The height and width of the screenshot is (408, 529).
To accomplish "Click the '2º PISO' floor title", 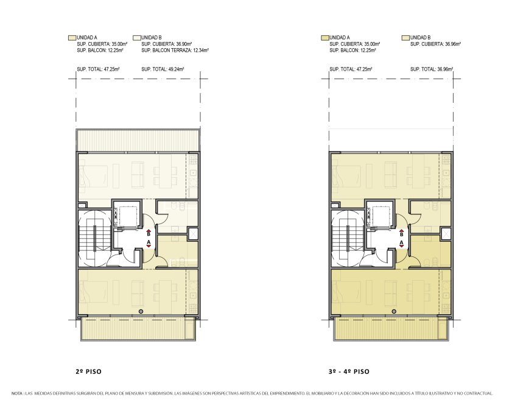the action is [88, 371].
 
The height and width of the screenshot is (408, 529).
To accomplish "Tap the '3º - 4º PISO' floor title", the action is [349, 371].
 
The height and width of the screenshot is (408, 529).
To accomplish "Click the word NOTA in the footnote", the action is [17, 393].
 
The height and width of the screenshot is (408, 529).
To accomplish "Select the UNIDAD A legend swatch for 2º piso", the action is [72, 38].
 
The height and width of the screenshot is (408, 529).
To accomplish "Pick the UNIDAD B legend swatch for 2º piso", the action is [136, 38].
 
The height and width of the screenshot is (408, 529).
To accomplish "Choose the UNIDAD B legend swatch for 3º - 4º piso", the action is [405, 38].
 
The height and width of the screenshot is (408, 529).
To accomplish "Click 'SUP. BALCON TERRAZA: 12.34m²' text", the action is [175, 51].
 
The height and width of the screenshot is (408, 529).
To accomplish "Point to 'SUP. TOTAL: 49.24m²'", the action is [163, 69].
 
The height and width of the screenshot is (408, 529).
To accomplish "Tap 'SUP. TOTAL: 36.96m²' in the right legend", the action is [432, 69].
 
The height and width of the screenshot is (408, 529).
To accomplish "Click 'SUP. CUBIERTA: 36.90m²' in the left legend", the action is [167, 44].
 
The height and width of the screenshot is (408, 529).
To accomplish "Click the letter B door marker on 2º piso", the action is [149, 233].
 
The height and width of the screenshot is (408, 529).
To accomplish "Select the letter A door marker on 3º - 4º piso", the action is [402, 242].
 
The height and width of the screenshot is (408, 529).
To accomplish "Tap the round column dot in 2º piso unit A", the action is [141, 311].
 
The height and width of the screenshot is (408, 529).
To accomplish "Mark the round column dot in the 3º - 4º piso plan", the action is [394, 311].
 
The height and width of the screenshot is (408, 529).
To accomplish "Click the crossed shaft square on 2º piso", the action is [194, 234].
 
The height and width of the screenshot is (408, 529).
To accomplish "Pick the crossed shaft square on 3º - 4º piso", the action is [446, 234].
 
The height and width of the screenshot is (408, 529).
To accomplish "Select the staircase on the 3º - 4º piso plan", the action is [348, 238].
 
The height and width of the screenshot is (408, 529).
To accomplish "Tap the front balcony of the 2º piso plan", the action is [138, 328].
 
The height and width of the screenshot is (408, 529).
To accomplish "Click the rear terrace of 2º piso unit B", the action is [138, 141].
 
